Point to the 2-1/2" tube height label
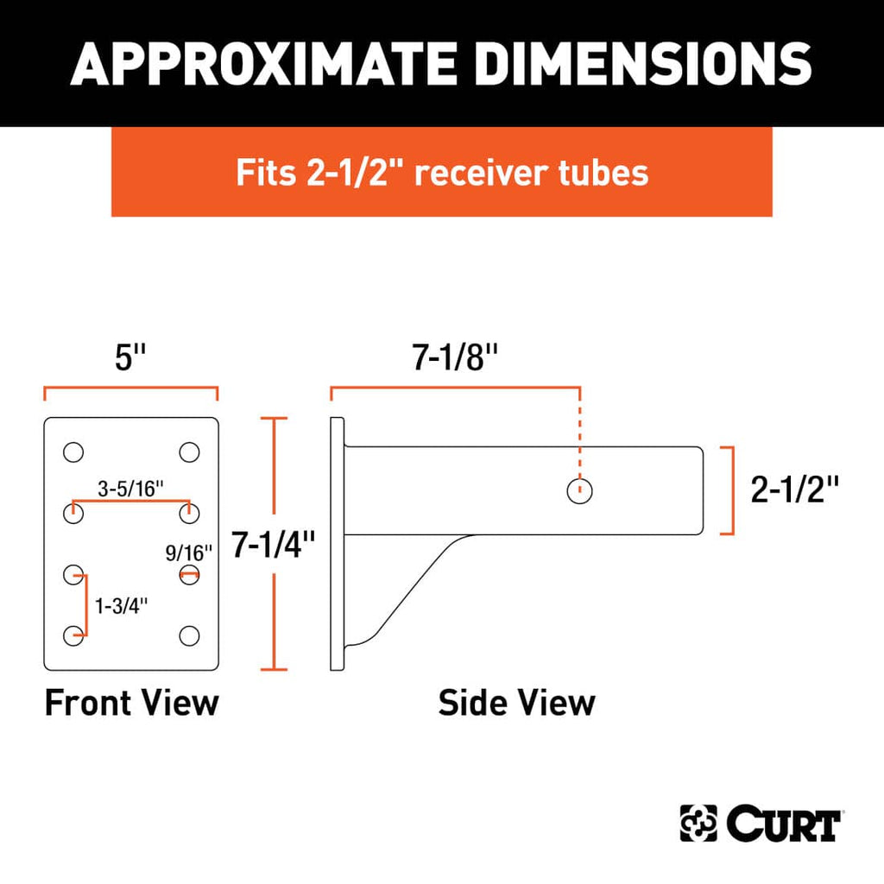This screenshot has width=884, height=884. [795, 490]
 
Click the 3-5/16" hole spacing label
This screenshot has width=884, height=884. [131, 489]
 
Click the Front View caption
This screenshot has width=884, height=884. [131, 703]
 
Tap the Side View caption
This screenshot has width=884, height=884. [516, 703]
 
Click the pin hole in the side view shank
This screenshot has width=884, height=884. [579, 491]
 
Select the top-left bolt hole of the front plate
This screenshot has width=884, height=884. [73, 451]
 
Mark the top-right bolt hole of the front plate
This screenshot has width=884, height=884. [188, 451]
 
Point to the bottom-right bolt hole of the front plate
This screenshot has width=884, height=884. [188, 636]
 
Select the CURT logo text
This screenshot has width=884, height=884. [783, 824]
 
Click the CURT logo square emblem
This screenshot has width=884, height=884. [698, 824]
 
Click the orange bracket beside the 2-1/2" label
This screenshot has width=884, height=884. [730, 490]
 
